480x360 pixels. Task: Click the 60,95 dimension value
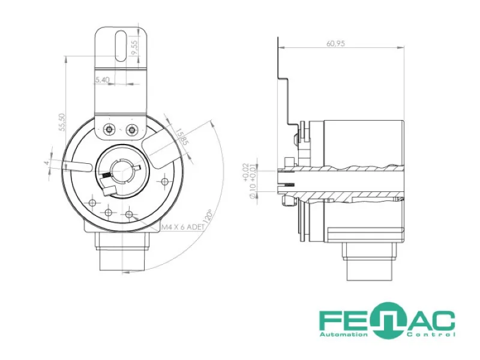click(335, 43)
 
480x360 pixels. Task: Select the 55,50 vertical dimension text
click(62, 122)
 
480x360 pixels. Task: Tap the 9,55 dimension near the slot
click(134, 47)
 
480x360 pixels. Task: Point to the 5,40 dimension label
click(102, 80)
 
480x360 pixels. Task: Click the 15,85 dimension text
click(181, 136)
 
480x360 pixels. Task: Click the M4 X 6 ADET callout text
click(183, 227)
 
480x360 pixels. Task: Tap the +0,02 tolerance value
click(246, 173)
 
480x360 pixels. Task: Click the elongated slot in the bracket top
click(121, 46)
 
